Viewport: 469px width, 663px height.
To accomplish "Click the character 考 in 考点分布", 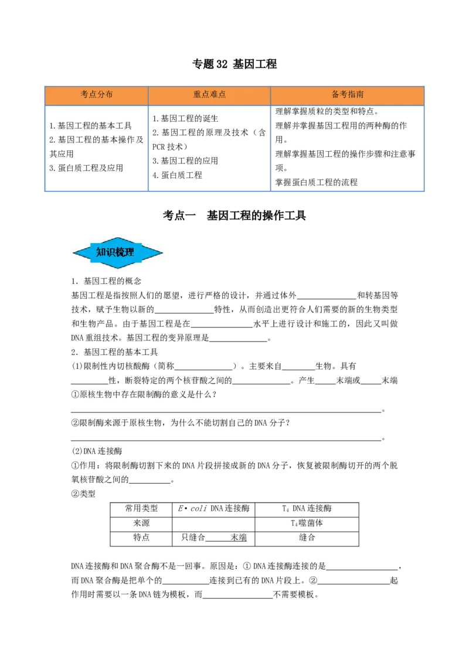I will click(84, 94).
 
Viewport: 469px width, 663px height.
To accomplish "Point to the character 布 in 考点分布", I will click(109, 94).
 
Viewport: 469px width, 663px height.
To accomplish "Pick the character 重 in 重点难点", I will click(198, 94).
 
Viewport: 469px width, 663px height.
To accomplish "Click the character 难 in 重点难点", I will click(213, 94).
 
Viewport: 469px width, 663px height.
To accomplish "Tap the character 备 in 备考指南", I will click(335, 94).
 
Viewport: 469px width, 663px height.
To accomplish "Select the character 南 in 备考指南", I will click(359, 94).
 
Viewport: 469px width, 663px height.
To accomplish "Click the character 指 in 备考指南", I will click(351, 94).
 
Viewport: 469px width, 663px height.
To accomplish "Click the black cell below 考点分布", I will click(96, 147).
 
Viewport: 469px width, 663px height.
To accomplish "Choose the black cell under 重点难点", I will click(209, 147).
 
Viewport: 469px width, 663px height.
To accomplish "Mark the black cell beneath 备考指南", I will click(347, 147).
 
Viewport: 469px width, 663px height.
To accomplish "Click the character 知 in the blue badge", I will click(101, 252).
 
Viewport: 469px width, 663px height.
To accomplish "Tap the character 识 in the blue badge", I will click(111, 252).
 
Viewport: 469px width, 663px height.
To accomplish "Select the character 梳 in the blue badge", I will click(120, 252).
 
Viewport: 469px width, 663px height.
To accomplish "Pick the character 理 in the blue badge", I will click(130, 252).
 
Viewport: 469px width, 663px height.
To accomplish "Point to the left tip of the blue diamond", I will click(73, 253).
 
